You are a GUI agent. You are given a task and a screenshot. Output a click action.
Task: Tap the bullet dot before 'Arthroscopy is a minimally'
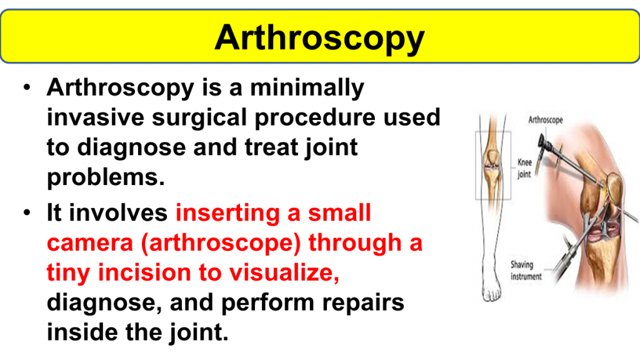click(x=27, y=87)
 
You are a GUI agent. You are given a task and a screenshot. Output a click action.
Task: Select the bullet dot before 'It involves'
click(x=27, y=212)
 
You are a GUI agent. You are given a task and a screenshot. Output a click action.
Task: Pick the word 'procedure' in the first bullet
click(x=315, y=118)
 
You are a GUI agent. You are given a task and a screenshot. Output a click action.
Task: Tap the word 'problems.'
click(x=106, y=178)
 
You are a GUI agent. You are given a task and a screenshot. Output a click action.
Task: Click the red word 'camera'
click(x=90, y=243)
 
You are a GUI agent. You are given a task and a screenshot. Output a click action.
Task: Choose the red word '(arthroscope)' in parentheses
click(x=221, y=244)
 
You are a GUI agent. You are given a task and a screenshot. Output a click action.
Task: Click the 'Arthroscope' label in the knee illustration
click(x=546, y=120)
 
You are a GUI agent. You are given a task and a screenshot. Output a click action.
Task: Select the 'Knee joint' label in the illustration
click(x=524, y=168)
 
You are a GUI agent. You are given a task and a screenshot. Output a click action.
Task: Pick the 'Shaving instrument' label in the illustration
click(x=526, y=271)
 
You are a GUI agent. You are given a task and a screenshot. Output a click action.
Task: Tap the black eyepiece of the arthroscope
click(x=544, y=144)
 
